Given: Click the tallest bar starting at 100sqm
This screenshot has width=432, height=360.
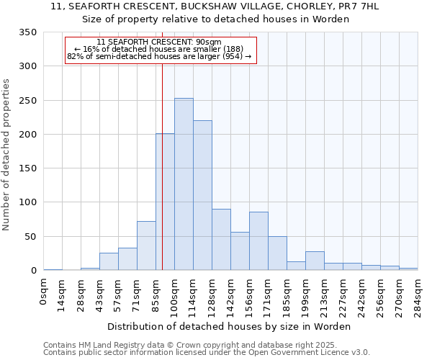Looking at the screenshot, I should point(184,184).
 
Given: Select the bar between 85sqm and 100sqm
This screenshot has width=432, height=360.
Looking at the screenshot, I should point(165,202).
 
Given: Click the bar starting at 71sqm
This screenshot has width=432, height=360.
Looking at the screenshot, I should point(146,246).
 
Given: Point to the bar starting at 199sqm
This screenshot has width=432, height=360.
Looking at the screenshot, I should point(315,261).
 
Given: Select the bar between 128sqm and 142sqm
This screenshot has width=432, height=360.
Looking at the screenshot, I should point(221,240).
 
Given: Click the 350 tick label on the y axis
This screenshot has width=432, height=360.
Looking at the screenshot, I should point(27,32).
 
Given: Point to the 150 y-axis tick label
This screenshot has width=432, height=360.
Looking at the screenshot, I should point(27,168).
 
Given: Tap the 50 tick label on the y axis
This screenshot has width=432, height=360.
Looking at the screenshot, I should point(30,236).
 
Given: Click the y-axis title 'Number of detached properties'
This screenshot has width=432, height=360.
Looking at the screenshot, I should point(7,156).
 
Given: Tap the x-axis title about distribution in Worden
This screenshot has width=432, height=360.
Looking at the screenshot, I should point(230,326).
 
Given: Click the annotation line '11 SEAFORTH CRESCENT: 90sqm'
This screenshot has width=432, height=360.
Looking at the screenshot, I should point(158,42).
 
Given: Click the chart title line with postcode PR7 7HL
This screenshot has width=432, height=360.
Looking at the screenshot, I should point(215,6).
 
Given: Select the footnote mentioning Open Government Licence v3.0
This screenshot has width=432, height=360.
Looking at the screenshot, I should point(207,352).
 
